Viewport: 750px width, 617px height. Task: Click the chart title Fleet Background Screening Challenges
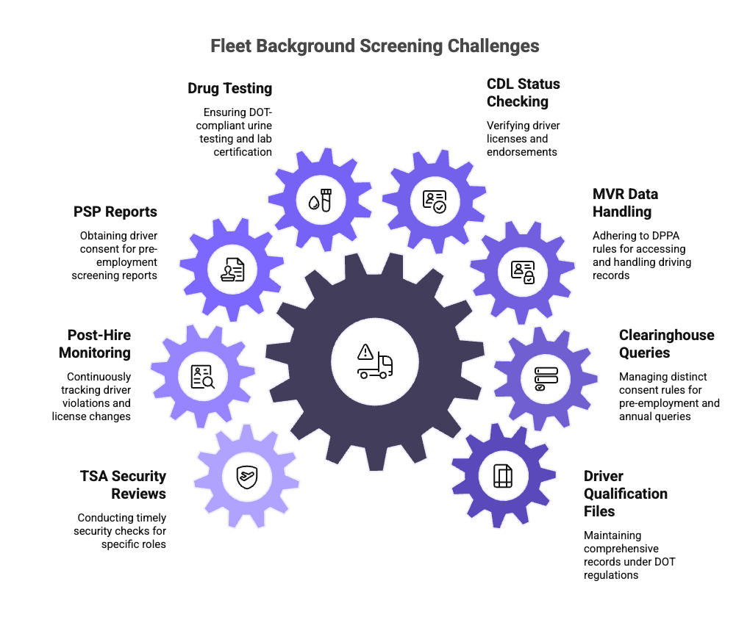click(375, 46)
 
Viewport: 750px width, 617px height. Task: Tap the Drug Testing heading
click(229, 88)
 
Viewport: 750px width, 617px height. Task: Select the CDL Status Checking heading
click(523, 93)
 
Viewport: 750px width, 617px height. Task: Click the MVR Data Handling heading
click(625, 203)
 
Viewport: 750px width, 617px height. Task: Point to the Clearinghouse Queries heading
click(666, 344)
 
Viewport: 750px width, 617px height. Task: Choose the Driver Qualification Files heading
click(626, 494)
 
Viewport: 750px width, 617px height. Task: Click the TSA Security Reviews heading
click(124, 485)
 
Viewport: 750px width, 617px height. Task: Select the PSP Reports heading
click(115, 212)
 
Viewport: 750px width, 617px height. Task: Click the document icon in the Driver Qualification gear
click(502, 476)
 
